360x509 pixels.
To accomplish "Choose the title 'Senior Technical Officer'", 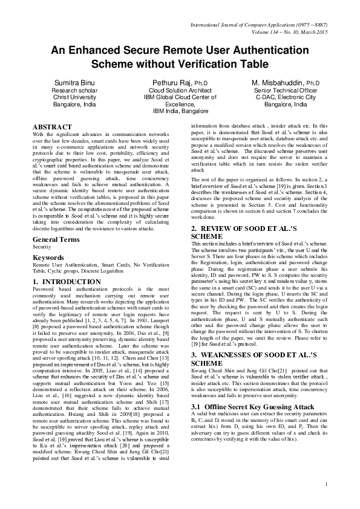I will click(x=286, y=89).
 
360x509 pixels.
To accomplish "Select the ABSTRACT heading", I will click(x=52, y=126).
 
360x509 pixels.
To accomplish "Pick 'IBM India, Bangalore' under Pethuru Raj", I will click(x=180, y=111).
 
